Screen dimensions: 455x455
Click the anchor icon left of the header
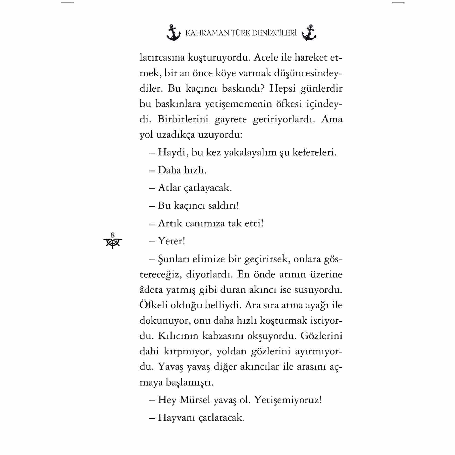pos(174,33)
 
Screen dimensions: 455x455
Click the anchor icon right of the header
pos(309,33)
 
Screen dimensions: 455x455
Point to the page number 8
pos(113,235)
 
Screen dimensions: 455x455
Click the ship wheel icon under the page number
pos(113,243)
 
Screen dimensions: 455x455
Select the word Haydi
pos(173,152)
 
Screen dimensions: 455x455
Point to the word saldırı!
pos(223,205)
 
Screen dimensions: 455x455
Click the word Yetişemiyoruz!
pos(288,400)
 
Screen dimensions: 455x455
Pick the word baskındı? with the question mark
pos(243,88)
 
